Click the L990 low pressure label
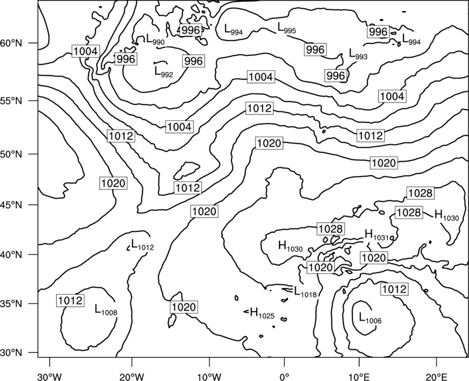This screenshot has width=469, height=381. (155, 39)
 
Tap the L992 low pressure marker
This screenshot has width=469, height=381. (164, 72)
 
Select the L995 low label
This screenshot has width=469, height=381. (287, 28)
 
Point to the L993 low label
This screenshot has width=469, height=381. (358, 54)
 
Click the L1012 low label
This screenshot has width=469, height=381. (142, 244)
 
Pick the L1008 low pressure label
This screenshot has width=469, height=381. (106, 310)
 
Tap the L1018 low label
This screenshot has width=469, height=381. (305, 291)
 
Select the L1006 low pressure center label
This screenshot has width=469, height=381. (371, 318)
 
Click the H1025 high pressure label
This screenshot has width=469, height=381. (262, 313)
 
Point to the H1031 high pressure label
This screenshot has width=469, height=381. (376, 234)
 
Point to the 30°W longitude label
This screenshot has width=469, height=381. (50, 376)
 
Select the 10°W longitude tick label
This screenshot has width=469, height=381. (209, 376)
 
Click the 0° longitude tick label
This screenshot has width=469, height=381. (284, 376)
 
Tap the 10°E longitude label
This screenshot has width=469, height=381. (359, 376)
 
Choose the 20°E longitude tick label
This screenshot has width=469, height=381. (436, 376)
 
